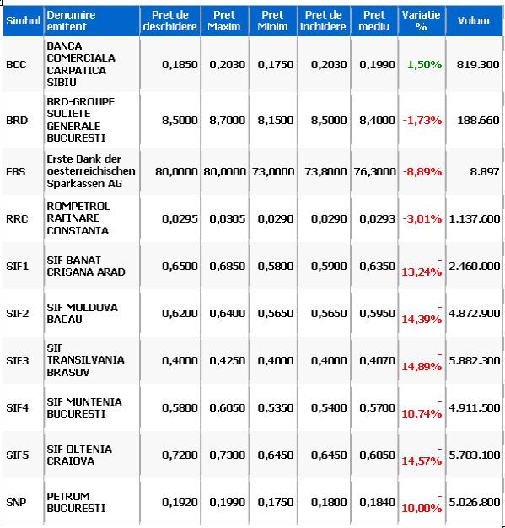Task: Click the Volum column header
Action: [473, 21]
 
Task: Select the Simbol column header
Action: [24, 21]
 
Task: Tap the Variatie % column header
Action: [422, 20]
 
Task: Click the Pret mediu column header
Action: [374, 20]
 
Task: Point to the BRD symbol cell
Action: [17, 121]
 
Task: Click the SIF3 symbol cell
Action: [18, 361]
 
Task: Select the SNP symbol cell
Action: [16, 503]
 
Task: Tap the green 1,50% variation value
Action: [424, 64]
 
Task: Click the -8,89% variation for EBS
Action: [422, 172]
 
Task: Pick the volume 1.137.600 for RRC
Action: [475, 219]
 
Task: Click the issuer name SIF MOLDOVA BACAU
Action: [82, 313]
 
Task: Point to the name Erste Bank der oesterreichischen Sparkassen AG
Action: [91, 171]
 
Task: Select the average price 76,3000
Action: [374, 172]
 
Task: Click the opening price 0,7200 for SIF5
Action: [180, 455]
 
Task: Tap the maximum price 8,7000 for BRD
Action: [228, 121]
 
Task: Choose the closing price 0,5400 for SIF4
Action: [329, 407]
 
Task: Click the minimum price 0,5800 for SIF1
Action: [276, 266]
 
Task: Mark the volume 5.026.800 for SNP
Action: [475, 503]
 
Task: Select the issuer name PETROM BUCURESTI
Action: [76, 502]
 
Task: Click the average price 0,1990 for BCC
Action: [377, 64]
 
